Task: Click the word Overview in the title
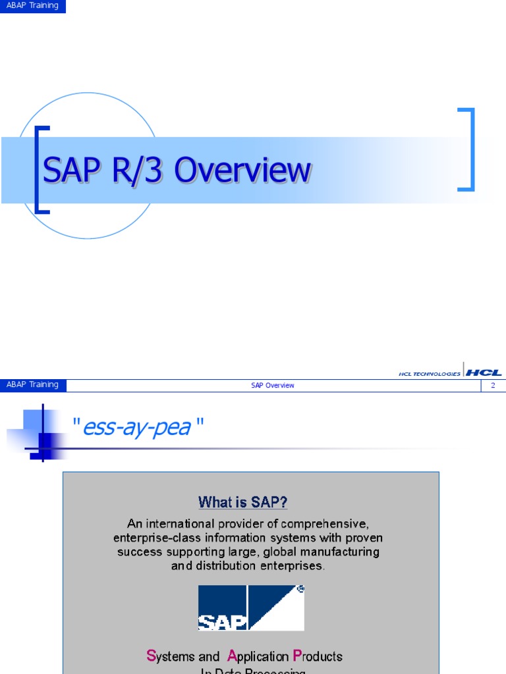click(x=243, y=170)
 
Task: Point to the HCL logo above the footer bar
click(x=484, y=373)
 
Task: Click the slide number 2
click(x=492, y=385)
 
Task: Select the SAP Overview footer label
click(x=272, y=385)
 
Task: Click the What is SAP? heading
click(x=243, y=503)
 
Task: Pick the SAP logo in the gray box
click(x=251, y=608)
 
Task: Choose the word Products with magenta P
click(x=318, y=656)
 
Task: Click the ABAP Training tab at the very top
click(x=32, y=6)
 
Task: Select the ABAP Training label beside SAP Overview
click(x=32, y=385)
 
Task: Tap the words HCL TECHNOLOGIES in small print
click(x=430, y=374)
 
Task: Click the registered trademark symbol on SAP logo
click(x=300, y=590)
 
